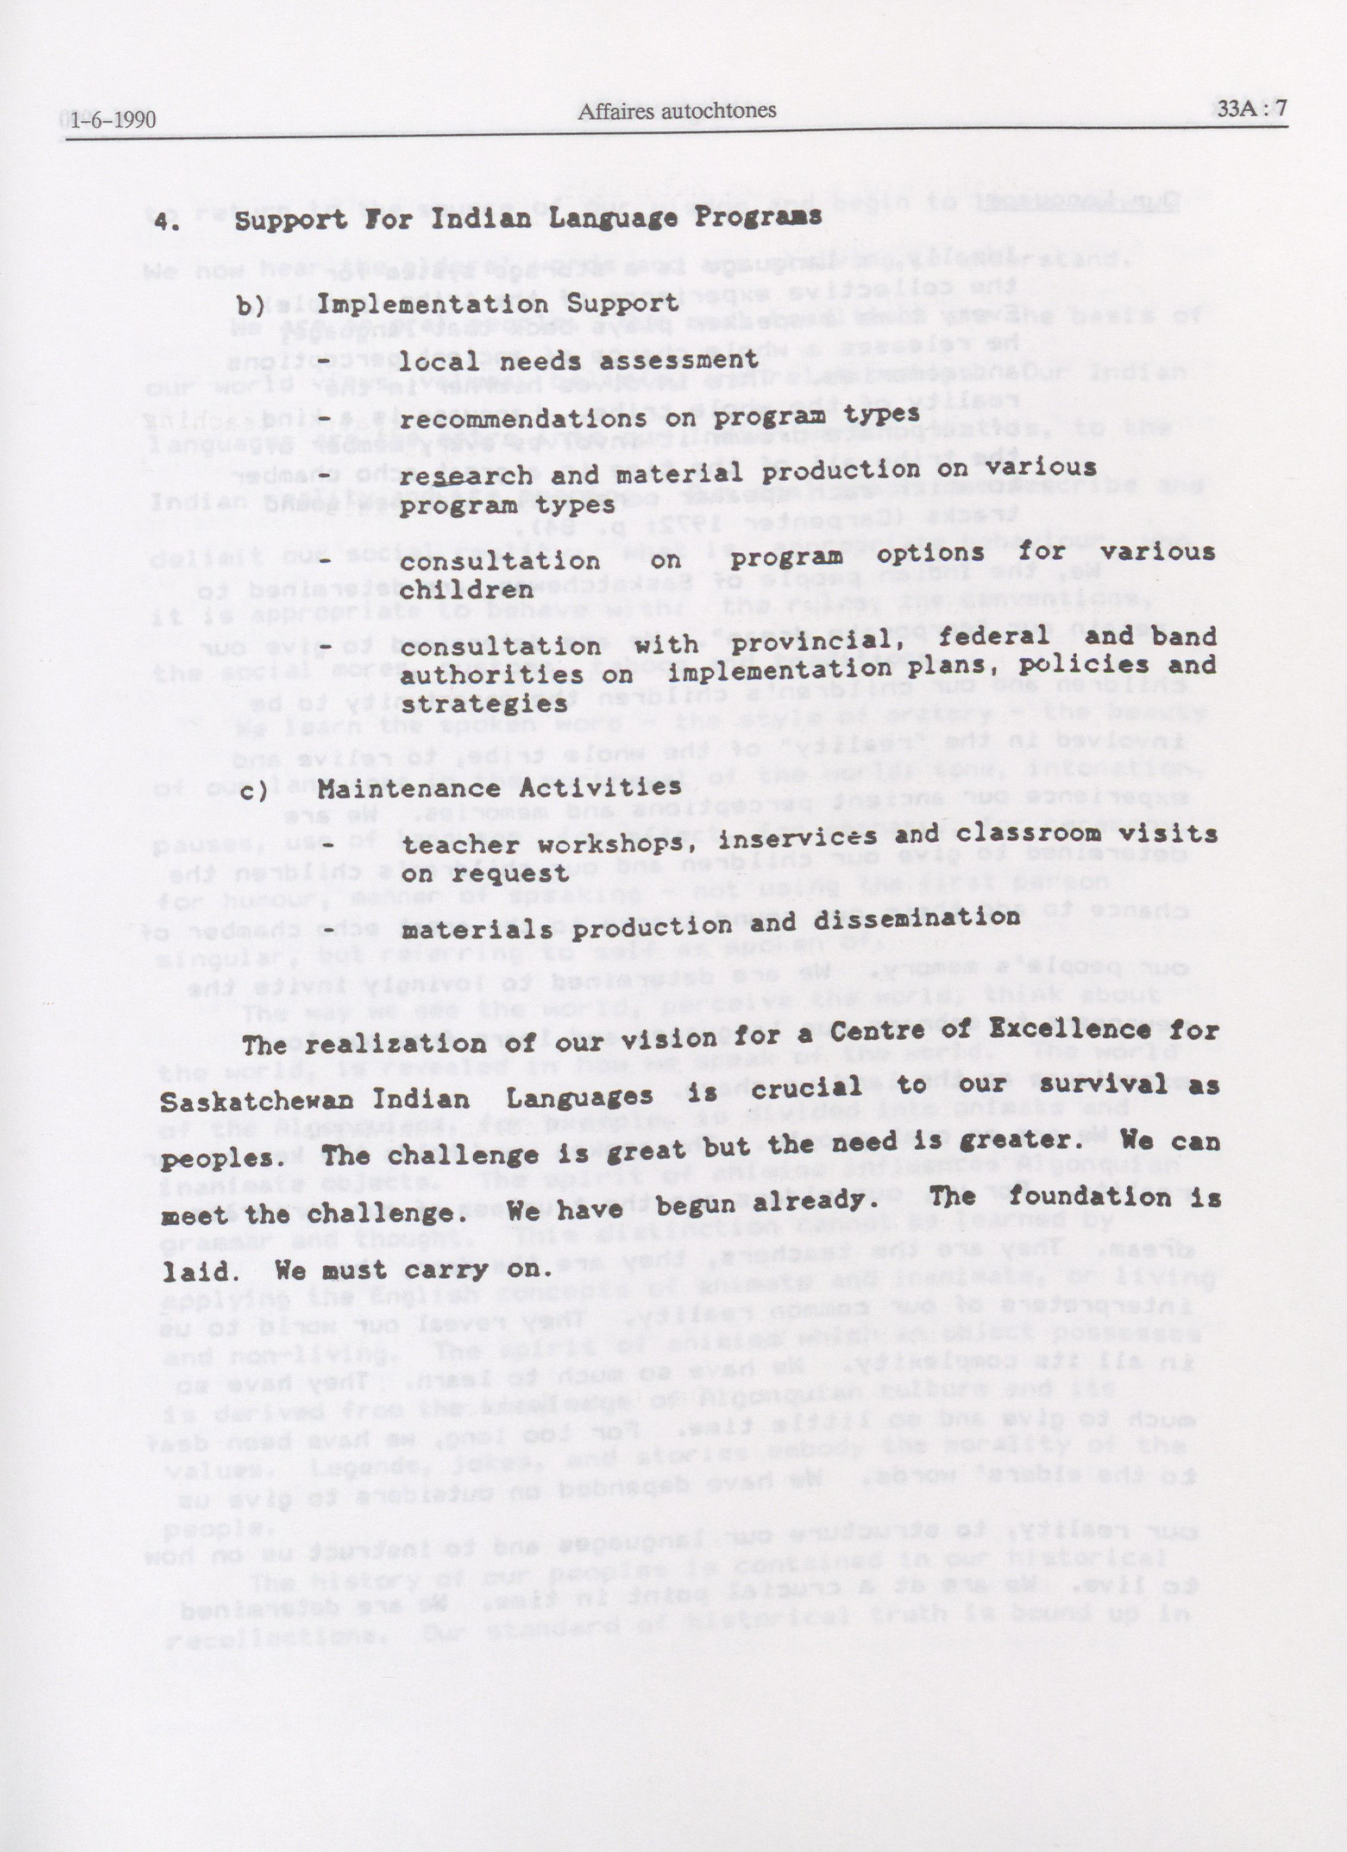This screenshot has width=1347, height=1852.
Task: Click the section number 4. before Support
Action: (171, 221)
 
